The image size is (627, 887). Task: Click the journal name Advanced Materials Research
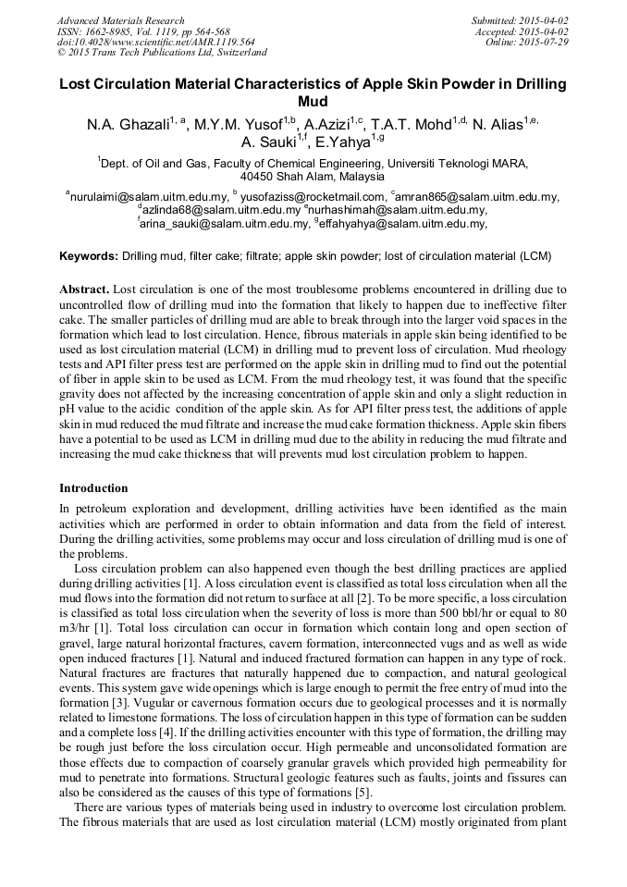point(121,20)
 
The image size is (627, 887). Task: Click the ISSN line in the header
point(143,31)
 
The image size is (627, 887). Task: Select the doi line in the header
point(156,43)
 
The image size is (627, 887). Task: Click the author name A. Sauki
point(267,142)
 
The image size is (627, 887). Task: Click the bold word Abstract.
point(85,290)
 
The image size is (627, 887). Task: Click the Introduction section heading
point(93,487)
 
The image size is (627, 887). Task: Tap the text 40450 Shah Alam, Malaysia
point(313,176)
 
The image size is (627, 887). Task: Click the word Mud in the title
point(313,101)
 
